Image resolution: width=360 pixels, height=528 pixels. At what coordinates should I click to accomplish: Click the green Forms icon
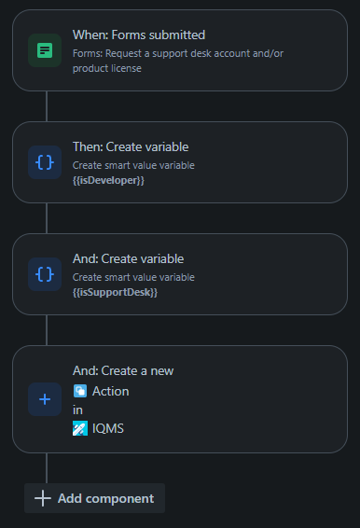(x=45, y=50)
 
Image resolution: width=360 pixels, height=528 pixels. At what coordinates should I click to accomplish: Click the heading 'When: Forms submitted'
(x=139, y=35)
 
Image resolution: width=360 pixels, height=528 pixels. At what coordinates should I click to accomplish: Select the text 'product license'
(x=107, y=68)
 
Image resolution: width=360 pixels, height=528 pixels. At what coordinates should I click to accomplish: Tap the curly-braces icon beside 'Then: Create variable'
(x=45, y=162)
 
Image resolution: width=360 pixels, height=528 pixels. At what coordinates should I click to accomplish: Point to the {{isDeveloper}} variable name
(x=108, y=180)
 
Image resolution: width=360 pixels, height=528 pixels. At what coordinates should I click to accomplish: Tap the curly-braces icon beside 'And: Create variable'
(x=45, y=274)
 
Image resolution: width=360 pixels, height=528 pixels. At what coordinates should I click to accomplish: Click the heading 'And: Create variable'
(x=128, y=258)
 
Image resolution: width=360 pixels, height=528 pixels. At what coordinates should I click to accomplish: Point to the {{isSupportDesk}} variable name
(x=115, y=292)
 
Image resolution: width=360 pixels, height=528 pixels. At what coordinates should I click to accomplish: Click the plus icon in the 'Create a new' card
(x=45, y=399)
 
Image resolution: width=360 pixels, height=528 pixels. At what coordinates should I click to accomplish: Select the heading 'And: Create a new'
(x=123, y=370)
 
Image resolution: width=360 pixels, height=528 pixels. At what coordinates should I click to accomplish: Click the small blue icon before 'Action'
(x=80, y=392)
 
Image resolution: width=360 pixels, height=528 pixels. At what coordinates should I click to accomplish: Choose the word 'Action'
(x=110, y=392)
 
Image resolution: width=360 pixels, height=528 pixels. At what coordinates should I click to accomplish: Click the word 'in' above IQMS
(x=77, y=410)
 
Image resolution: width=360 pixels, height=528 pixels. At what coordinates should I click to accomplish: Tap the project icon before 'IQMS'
(x=80, y=429)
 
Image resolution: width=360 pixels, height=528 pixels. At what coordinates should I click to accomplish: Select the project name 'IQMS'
(x=107, y=429)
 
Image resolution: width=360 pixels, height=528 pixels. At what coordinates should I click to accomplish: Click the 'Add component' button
(x=95, y=498)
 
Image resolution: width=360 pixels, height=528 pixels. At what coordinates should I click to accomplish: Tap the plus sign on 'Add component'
(x=42, y=498)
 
